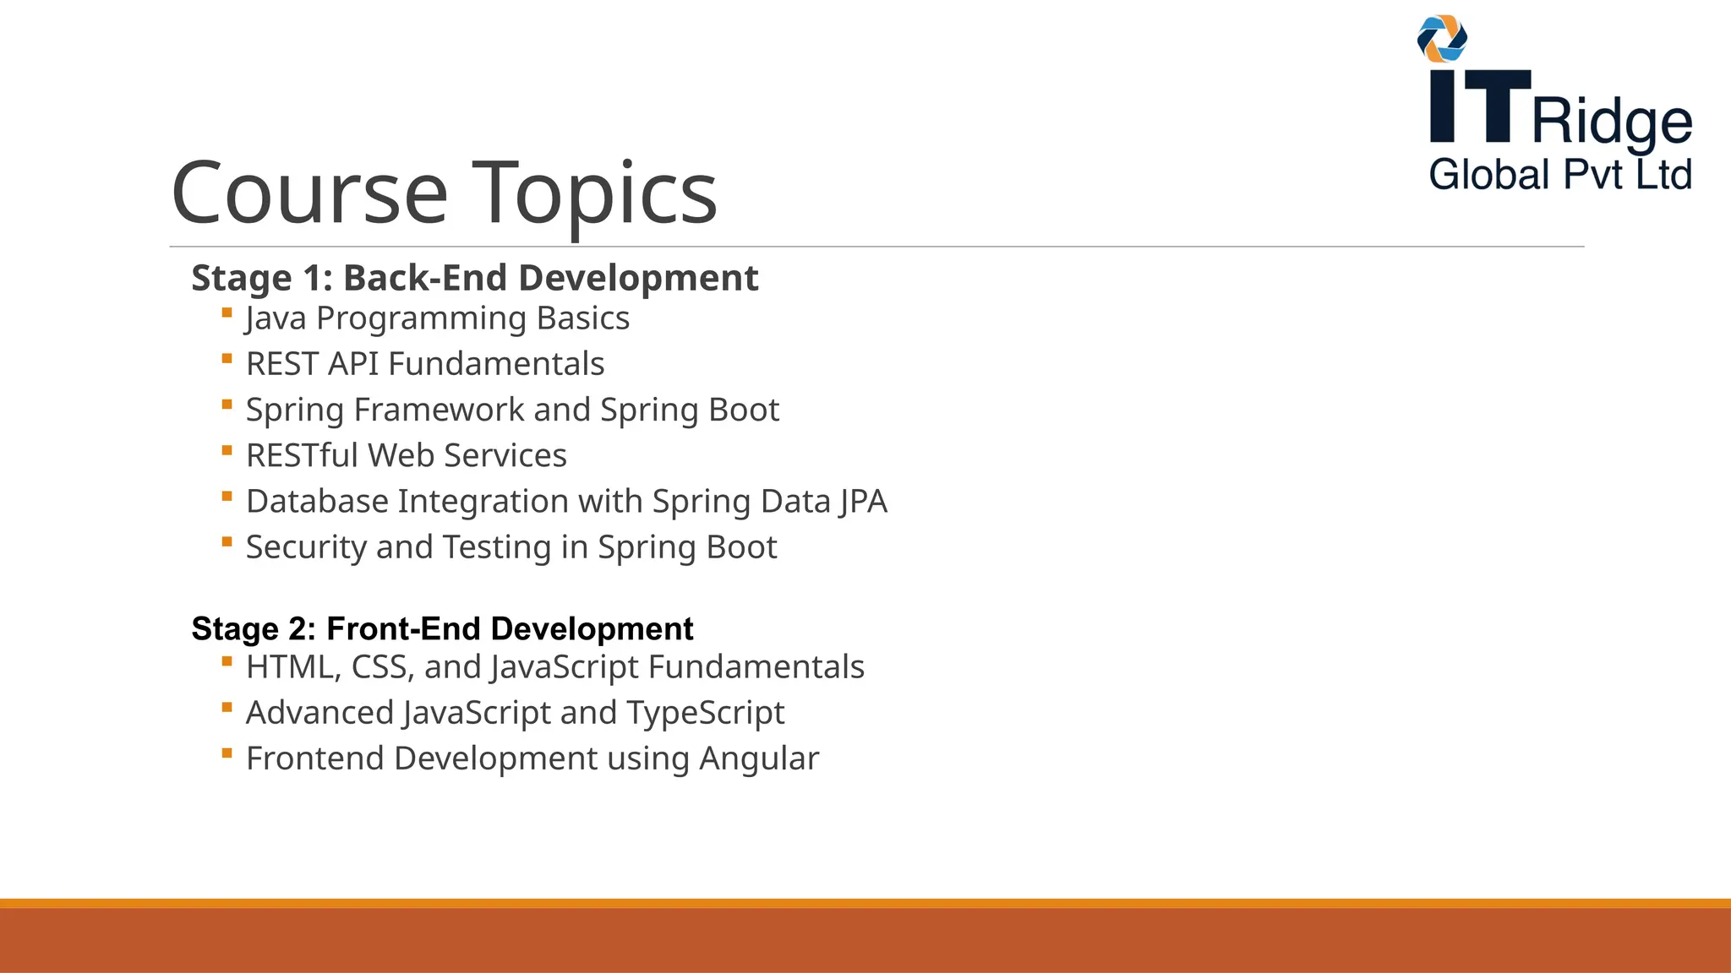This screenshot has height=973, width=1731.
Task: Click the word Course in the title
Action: pyautogui.click(x=309, y=193)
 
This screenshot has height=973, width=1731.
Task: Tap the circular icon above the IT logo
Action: pyautogui.click(x=1442, y=39)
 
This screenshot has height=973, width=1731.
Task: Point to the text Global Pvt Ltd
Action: pyautogui.click(x=1560, y=175)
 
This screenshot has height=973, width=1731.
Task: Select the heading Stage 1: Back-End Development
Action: pyautogui.click(x=474, y=278)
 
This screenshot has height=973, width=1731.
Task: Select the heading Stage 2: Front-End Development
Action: pyautogui.click(x=442, y=629)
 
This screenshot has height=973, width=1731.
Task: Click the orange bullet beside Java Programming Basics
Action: pyautogui.click(x=227, y=313)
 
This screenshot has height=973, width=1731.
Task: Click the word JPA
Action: pyautogui.click(x=863, y=502)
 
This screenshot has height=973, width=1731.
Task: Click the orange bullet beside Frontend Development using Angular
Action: pyautogui.click(x=227, y=753)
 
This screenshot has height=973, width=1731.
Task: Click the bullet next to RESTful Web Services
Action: pyautogui.click(x=227, y=451)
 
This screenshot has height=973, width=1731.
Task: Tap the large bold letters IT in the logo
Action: pyautogui.click(x=1479, y=106)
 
